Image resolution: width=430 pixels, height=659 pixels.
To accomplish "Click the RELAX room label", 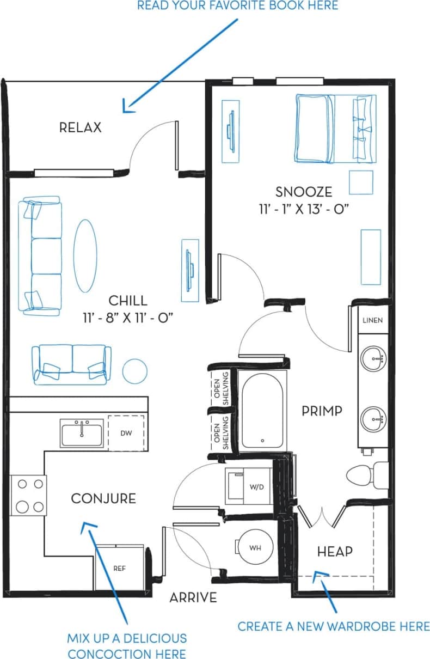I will [x=81, y=127].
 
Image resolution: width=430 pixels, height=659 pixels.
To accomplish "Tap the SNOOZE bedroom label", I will [x=303, y=192].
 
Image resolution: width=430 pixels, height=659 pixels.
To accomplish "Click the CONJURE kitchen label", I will [x=103, y=498].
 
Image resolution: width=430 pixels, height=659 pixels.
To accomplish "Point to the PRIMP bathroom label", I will [x=322, y=411].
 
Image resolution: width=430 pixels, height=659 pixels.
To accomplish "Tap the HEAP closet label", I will [x=335, y=552].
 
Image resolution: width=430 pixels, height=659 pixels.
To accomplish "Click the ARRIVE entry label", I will [x=193, y=597].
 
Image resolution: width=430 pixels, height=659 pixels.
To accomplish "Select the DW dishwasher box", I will [x=126, y=433].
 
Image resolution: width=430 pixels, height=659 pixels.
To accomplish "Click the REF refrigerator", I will [x=120, y=568].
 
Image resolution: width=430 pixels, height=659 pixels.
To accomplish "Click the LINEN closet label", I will [x=373, y=320].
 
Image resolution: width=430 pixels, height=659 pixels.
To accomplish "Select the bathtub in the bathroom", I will [x=262, y=411].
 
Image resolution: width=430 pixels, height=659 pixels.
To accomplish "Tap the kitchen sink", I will [x=82, y=433].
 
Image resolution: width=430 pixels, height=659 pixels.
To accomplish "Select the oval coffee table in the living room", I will [x=85, y=255].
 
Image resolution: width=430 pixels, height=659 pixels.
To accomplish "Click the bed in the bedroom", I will [x=335, y=129].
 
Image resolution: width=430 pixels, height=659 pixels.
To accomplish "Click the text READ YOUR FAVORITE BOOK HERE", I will [x=237, y=6].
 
